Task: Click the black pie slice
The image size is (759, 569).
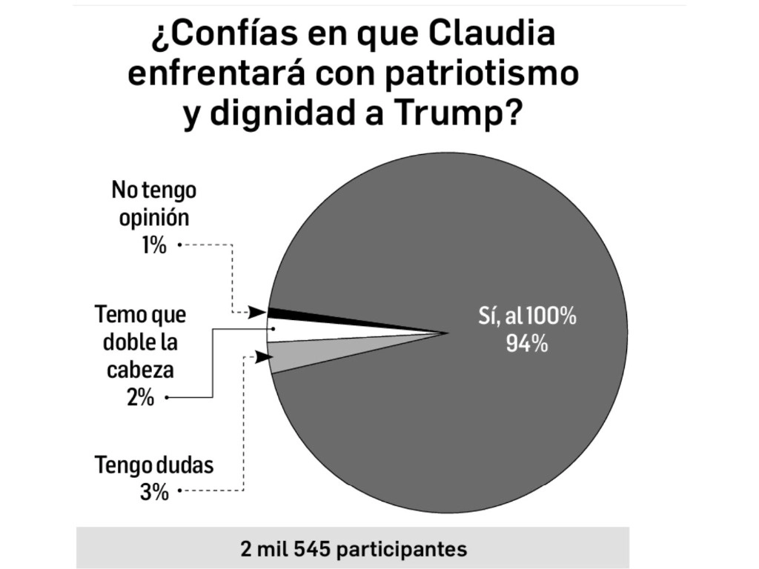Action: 296,316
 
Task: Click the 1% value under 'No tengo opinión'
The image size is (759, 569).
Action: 154,244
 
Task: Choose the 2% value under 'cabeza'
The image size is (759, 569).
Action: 140,398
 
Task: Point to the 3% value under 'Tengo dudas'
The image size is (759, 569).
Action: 154,491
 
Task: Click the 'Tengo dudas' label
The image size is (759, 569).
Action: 154,466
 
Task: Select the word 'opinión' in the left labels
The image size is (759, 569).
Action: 154,218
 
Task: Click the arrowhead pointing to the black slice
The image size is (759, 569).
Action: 257,313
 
